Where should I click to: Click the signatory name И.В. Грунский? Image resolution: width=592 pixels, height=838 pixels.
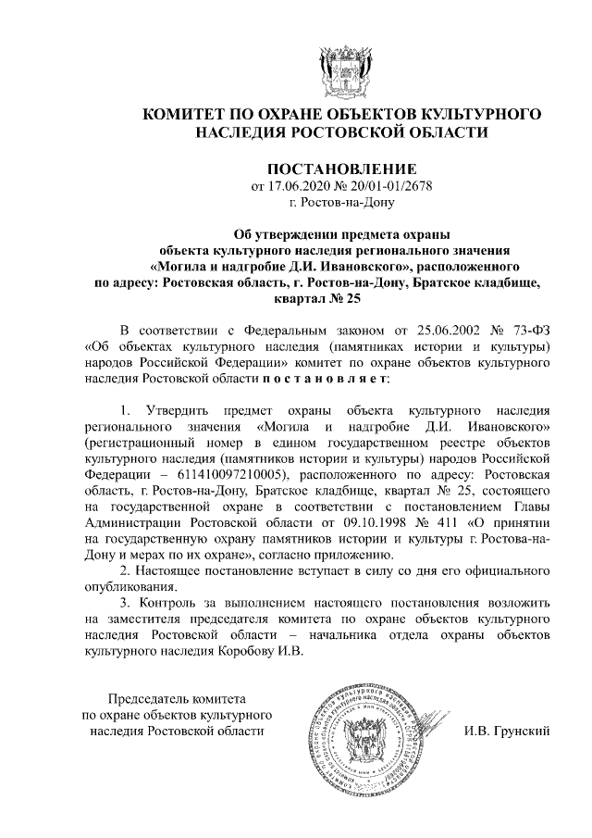pos(507,732)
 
